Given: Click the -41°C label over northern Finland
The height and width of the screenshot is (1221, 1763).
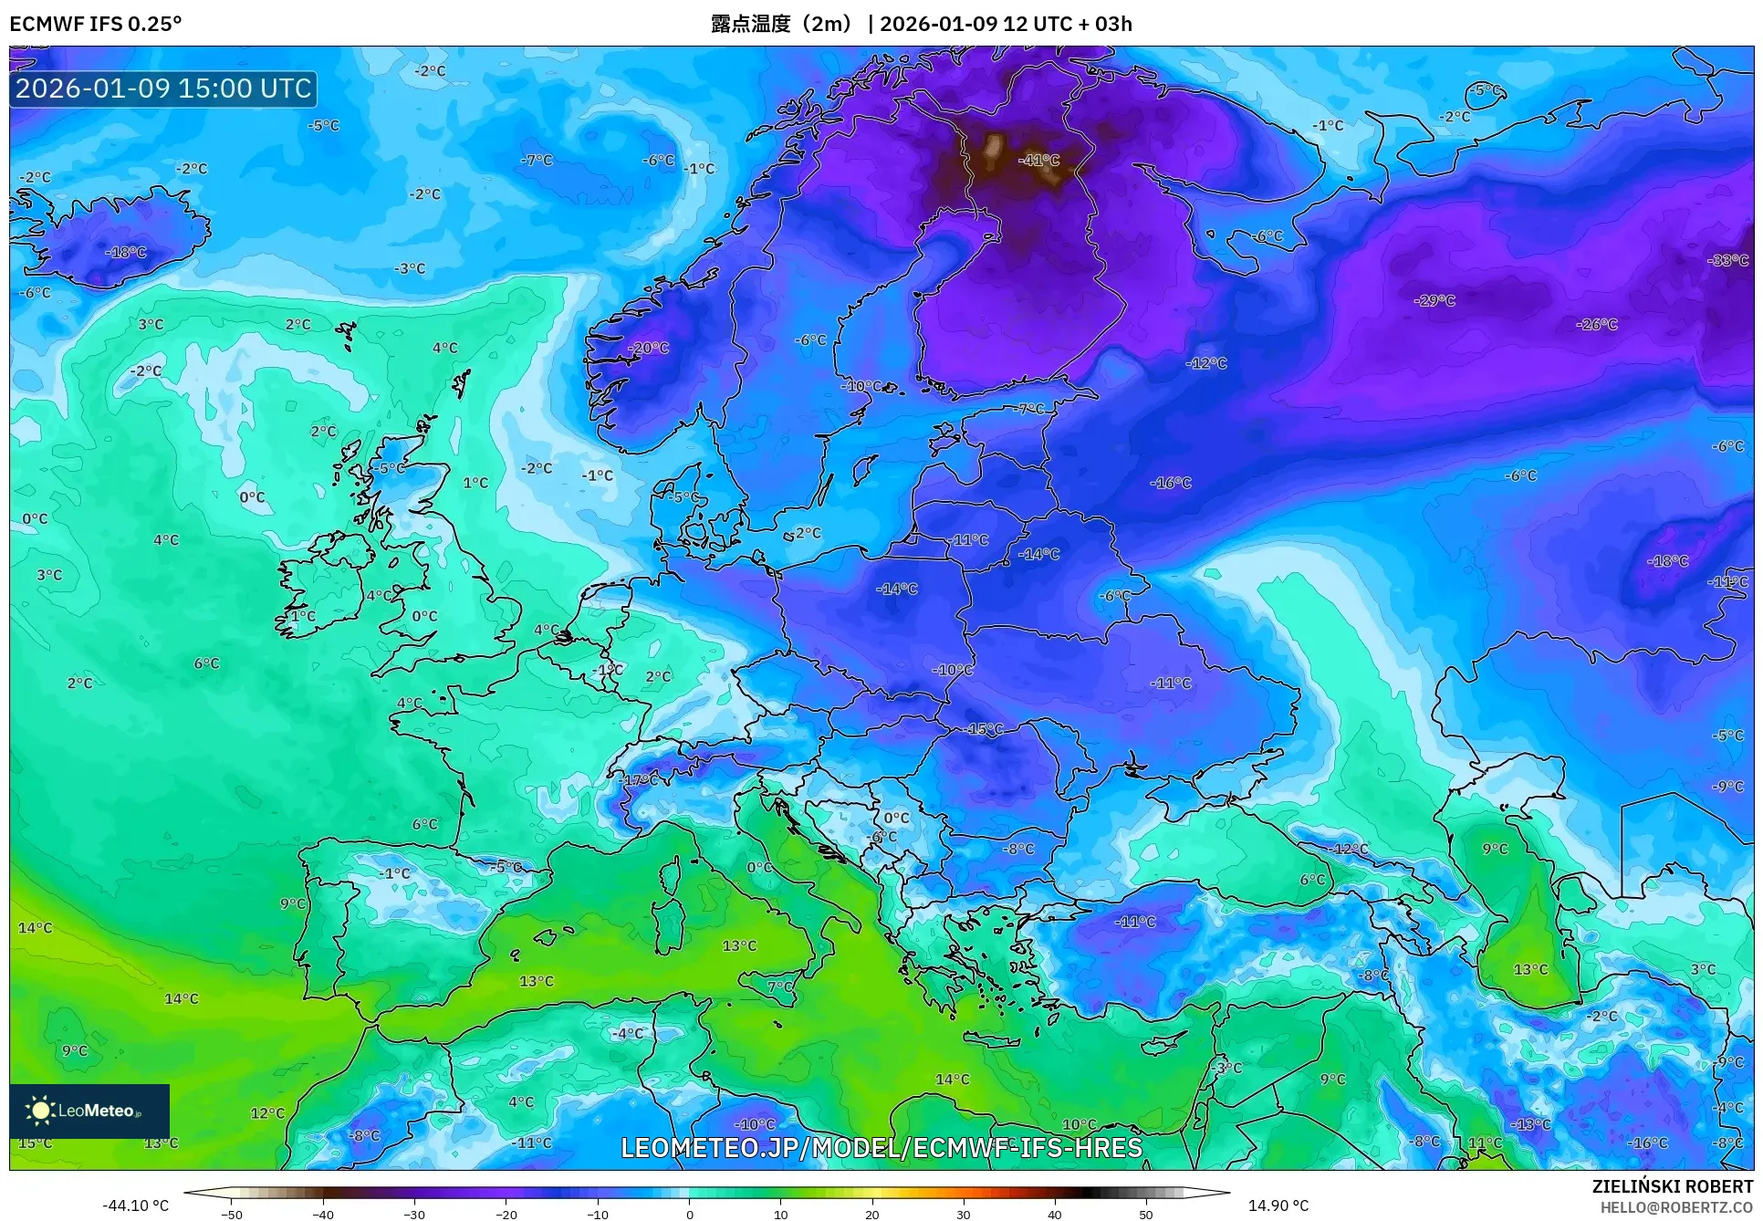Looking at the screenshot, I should coord(1039,160).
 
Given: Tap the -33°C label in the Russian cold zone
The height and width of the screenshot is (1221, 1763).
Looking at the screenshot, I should coord(1727,260).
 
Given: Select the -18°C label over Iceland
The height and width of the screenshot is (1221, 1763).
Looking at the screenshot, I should coord(126,252).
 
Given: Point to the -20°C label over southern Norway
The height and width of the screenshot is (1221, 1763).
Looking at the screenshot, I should coord(649,348).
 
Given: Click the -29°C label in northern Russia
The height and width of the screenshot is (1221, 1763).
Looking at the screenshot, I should coord(1434,300).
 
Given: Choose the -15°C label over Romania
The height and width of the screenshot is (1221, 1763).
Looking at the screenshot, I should coord(984,729).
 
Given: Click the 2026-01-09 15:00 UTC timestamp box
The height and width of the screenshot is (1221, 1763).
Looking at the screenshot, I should coord(163,89).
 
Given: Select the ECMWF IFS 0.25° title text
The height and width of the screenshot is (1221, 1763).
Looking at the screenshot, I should coord(96,24).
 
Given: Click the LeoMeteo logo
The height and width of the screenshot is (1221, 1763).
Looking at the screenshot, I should coord(89,1111).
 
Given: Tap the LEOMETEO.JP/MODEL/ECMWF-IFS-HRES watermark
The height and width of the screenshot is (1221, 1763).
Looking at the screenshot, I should coord(881,1147).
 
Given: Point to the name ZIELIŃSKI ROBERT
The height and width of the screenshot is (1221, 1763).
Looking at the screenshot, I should coord(1672,1186).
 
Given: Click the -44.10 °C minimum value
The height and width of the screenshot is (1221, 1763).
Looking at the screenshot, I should coord(135,1205).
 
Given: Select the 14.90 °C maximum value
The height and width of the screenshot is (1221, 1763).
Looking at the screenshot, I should coord(1278,1205).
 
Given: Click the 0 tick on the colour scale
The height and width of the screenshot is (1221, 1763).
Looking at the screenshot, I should coord(690,1215).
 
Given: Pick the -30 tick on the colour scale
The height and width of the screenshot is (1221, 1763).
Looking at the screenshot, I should coord(414,1215).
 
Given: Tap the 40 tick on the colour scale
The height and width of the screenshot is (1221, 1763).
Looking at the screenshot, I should coord(1055,1215).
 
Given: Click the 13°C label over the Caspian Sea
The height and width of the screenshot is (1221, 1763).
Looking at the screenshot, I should coord(1530,969).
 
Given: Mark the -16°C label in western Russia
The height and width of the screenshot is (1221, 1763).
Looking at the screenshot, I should coord(1170,483).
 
